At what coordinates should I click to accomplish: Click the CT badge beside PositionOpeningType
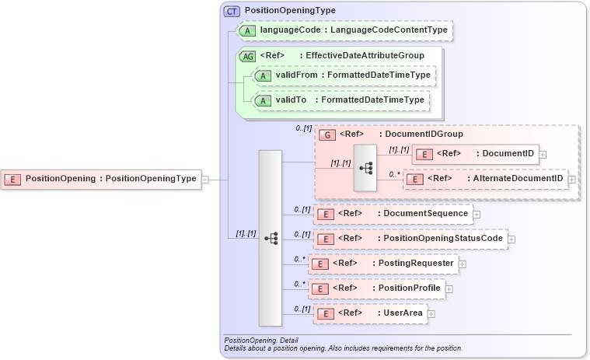coord(232,11)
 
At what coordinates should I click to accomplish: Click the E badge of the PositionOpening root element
coord(12,179)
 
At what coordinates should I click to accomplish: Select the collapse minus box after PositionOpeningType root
coord(204,179)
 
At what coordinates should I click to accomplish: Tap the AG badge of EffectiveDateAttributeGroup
coord(248,56)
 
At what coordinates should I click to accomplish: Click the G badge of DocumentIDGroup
coord(328,135)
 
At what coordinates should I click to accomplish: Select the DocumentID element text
coord(506,153)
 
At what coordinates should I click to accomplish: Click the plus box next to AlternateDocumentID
coord(571,180)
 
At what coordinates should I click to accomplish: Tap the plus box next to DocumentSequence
coord(477,214)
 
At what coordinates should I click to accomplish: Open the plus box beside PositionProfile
coord(449,289)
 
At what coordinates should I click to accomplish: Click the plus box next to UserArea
coord(431,314)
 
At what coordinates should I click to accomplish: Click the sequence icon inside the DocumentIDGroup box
coord(365,167)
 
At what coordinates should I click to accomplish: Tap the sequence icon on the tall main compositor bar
coord(271,238)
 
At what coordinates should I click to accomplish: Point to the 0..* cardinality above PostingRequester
coord(299,259)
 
